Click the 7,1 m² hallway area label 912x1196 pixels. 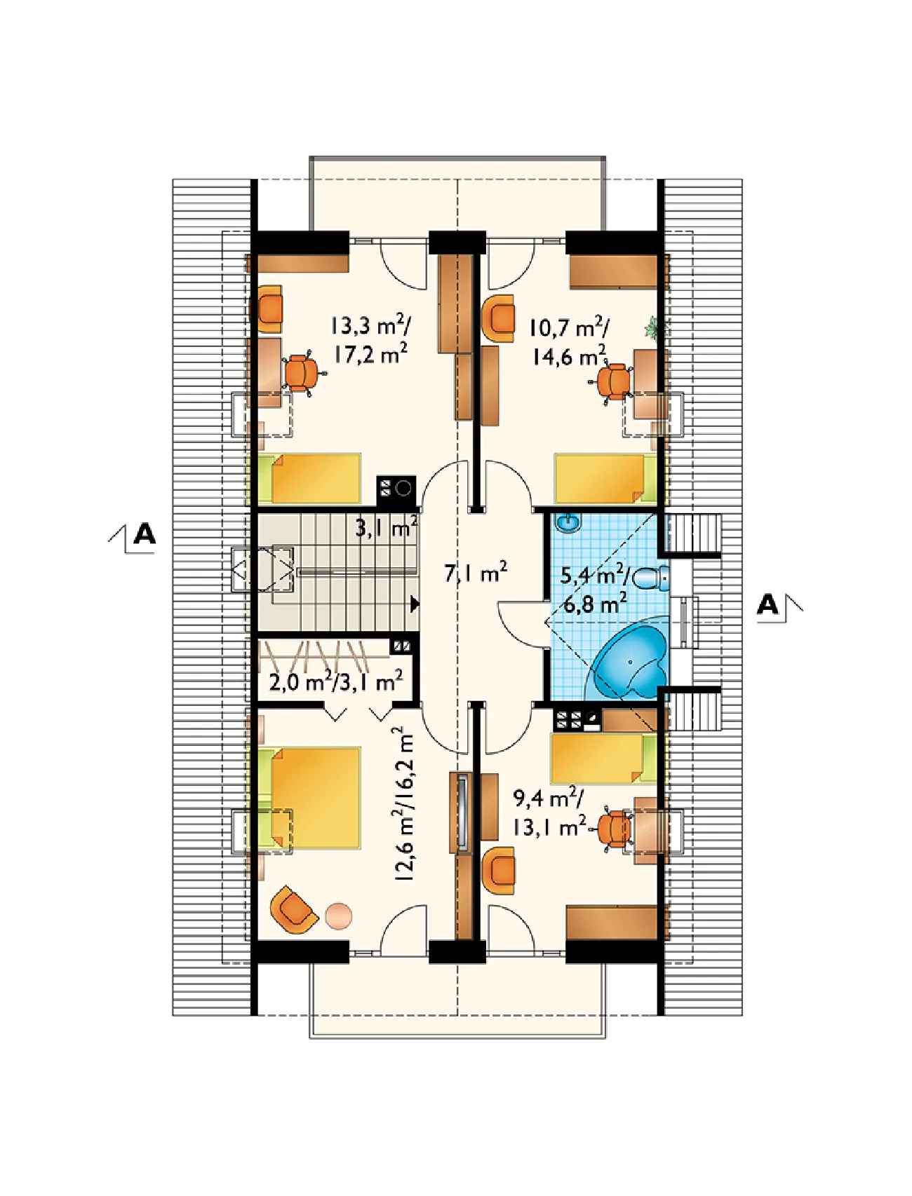(x=476, y=573)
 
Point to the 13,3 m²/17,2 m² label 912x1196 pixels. (x=371, y=339)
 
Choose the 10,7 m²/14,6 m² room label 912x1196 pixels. (x=569, y=341)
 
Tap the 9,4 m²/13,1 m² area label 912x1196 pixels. (x=549, y=813)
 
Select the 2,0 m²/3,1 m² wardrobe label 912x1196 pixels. (x=336, y=681)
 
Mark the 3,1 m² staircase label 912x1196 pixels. (x=387, y=526)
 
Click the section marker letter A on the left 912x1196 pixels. (x=144, y=534)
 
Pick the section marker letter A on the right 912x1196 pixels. (x=767, y=604)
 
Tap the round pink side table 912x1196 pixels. (x=339, y=916)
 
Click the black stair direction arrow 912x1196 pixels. (x=415, y=604)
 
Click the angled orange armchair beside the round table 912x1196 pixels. (x=292, y=910)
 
